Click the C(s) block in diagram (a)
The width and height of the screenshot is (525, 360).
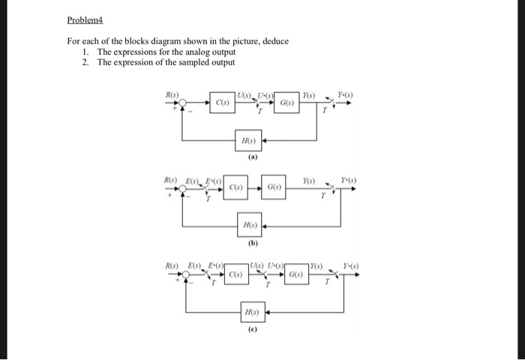pos(223,103)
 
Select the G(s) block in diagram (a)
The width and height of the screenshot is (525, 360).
pos(287,103)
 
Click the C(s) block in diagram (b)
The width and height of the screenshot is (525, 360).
pos(235,187)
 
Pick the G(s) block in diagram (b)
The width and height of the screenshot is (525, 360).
pos(274,187)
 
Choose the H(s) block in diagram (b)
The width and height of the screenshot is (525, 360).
pos(249,225)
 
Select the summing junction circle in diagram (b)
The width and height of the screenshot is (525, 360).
pos(183,187)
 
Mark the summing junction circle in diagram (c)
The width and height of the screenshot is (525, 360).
pos(184,275)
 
